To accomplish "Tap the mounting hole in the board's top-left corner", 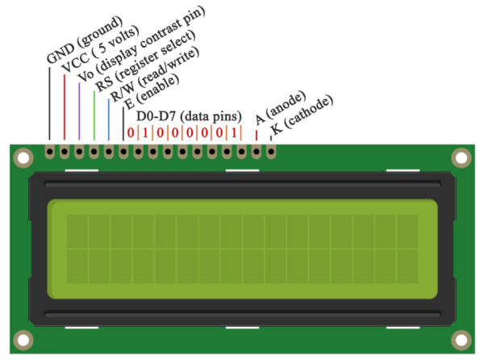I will click(x=23, y=157).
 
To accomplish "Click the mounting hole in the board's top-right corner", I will click(x=461, y=157).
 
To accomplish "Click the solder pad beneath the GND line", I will click(x=50, y=150).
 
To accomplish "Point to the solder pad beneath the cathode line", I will click(x=270, y=150).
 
